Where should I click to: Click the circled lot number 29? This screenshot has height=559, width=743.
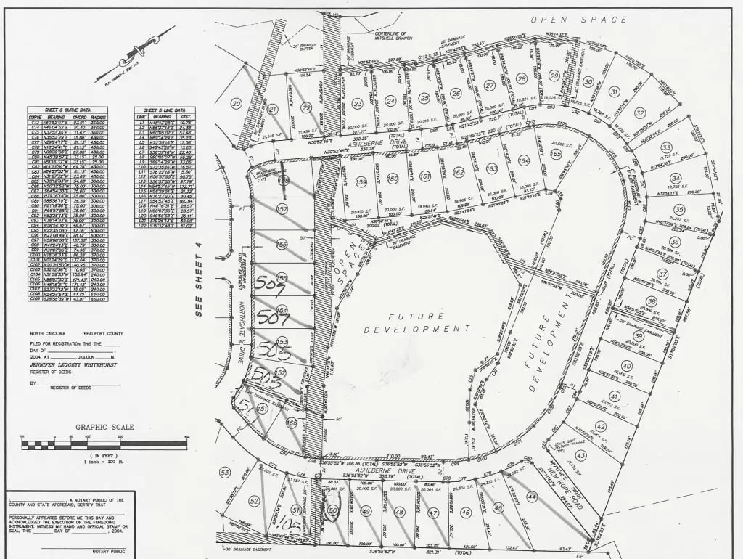point(554,76)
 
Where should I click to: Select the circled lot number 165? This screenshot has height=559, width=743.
point(557,154)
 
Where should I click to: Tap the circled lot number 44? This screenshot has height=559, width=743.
point(533,497)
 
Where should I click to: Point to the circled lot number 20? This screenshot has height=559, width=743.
point(236,104)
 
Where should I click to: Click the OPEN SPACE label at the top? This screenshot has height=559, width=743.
point(578,20)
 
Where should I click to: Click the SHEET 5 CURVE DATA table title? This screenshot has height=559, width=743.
point(67,110)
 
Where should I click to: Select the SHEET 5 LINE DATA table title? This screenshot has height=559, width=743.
point(164,110)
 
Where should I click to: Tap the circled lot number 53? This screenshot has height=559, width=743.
point(225,473)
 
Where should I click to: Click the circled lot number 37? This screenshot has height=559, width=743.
point(662,274)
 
